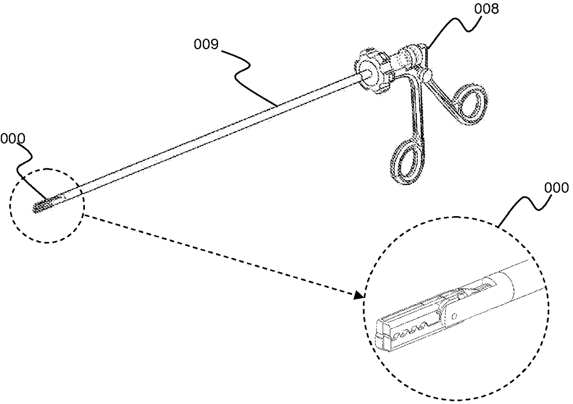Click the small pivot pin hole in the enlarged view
coord(455,316)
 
